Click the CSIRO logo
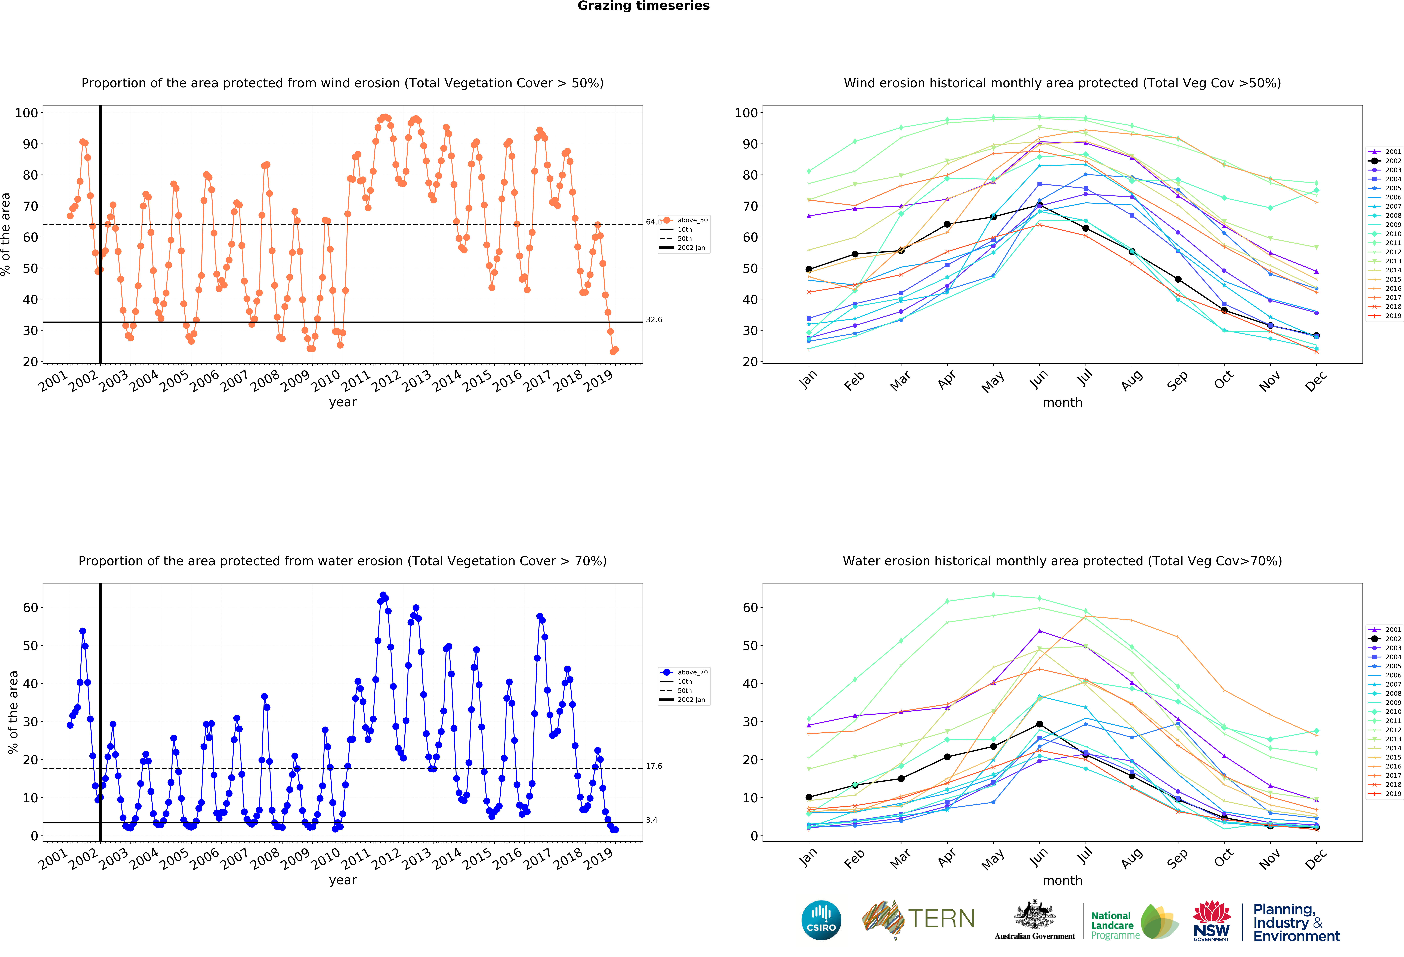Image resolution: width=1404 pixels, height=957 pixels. [x=821, y=920]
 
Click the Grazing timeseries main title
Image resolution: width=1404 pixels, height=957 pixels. [x=643, y=6]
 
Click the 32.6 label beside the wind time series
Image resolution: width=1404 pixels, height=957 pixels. [x=654, y=320]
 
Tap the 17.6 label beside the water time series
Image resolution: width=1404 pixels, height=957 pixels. [x=654, y=766]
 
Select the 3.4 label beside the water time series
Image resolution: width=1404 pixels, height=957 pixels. [x=651, y=820]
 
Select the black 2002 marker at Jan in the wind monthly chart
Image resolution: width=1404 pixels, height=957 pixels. [x=809, y=269]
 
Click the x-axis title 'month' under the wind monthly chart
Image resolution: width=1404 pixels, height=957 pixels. [x=1062, y=402]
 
